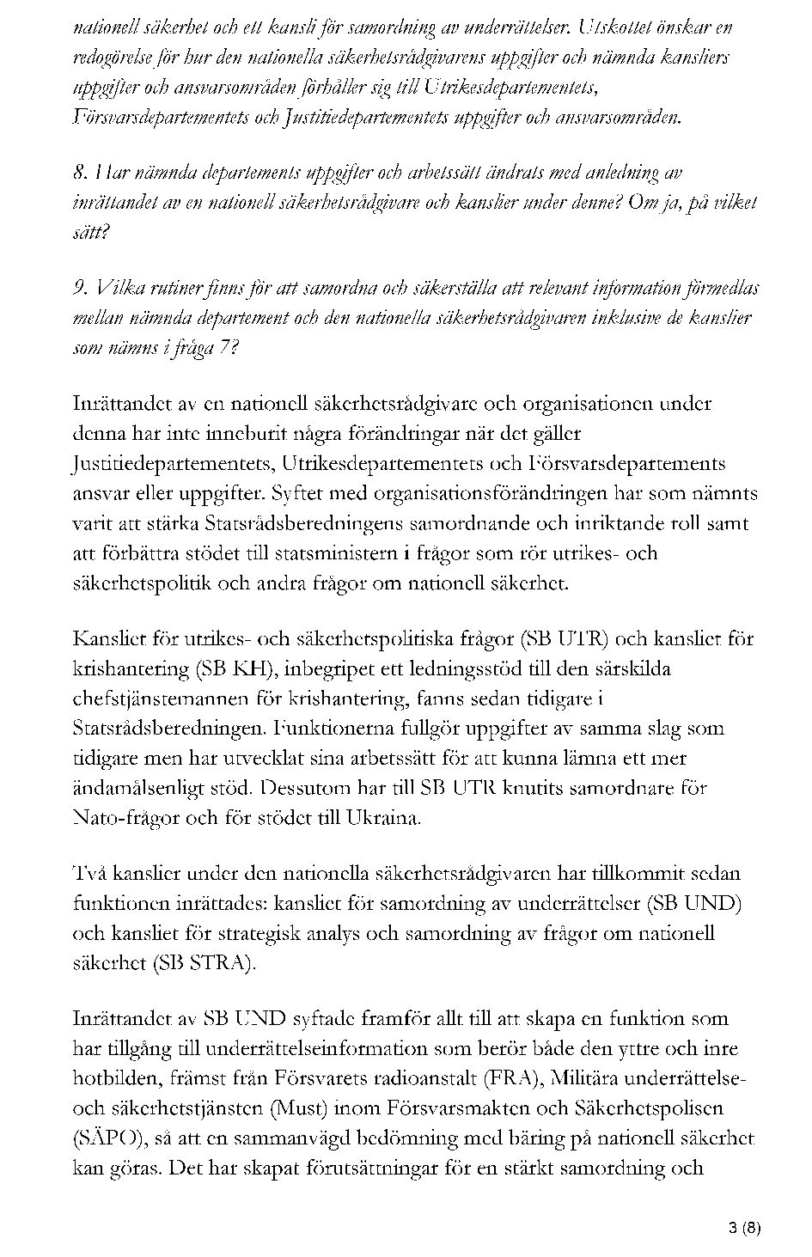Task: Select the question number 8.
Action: point(81,173)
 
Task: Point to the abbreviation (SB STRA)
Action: point(205,963)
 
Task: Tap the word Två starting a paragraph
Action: point(91,874)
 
